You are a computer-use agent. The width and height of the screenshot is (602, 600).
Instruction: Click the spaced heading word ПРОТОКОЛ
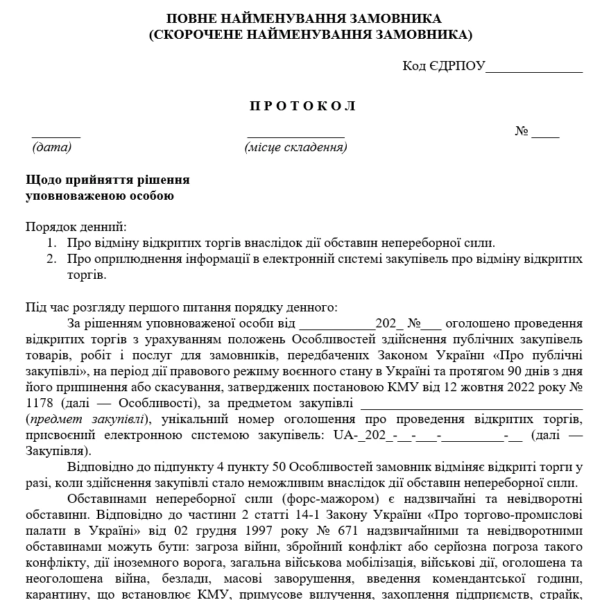[302, 106]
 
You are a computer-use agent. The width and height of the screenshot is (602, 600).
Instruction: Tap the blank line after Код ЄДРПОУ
[534, 67]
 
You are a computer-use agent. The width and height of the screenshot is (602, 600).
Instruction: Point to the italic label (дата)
[52, 147]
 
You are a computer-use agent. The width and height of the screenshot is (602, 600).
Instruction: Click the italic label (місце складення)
[296, 147]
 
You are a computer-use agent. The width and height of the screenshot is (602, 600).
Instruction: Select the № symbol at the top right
[522, 132]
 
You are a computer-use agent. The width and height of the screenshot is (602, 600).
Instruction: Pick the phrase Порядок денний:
[76, 227]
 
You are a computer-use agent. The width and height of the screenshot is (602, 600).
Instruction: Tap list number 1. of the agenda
[52, 243]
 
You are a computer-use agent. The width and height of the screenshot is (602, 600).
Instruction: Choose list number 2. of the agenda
[52, 259]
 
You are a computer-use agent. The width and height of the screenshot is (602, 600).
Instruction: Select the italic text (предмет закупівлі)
[86, 419]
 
